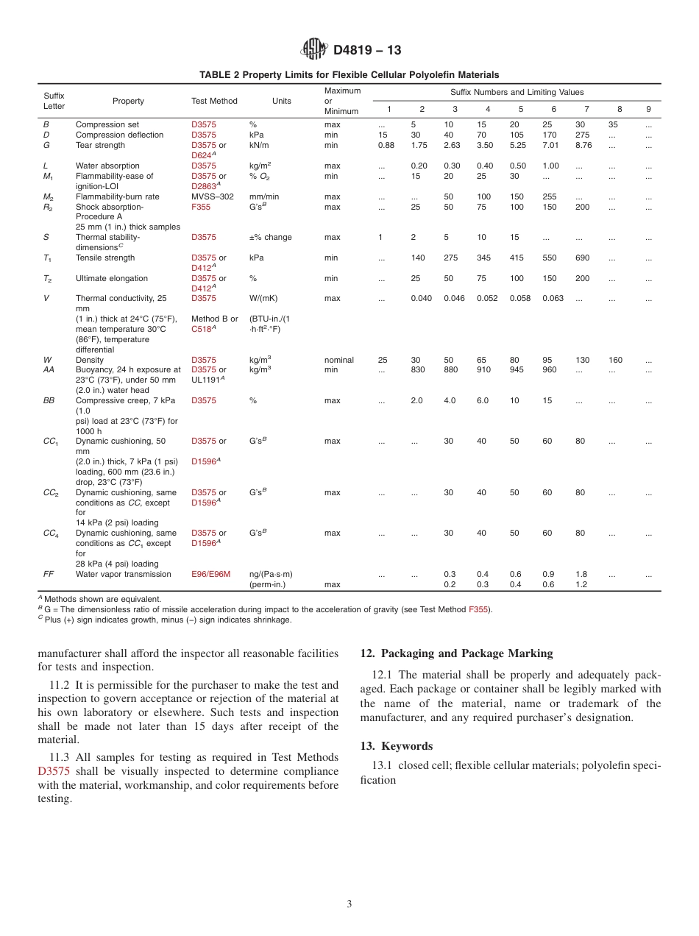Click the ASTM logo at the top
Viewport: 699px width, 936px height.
314,49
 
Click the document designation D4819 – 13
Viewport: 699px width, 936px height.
367,50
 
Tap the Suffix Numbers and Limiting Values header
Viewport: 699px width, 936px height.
517,92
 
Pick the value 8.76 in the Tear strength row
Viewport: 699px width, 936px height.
583,145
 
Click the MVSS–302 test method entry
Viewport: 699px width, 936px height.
213,196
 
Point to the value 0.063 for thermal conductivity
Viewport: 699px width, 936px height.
553,299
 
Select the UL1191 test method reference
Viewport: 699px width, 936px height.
207,380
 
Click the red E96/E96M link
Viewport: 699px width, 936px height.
210,574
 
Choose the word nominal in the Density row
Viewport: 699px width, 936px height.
338,360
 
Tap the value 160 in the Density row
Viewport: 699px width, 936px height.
615,360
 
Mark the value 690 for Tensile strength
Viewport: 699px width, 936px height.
582,258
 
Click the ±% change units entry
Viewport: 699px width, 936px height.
270,238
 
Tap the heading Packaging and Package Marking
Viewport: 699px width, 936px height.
456,653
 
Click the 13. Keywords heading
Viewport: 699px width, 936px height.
397,746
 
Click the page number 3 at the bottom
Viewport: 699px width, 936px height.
349,904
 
